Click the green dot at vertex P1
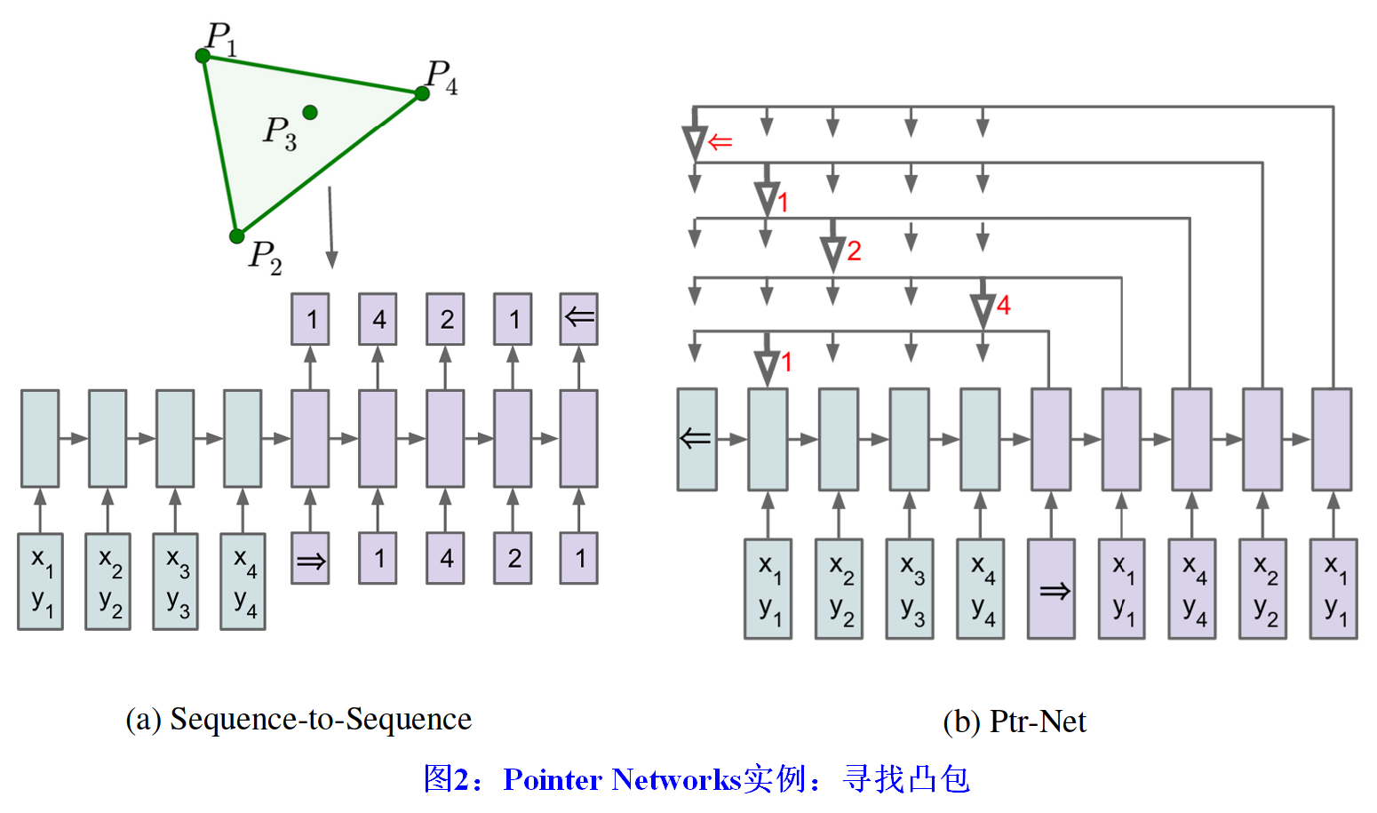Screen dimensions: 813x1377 [203, 56]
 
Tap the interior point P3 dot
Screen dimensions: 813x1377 [310, 112]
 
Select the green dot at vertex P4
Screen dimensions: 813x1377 [422, 93]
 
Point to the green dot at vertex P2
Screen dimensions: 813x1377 [236, 236]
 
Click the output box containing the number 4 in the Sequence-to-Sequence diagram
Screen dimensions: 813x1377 [378, 319]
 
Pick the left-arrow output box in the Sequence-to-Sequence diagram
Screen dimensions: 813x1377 [578, 319]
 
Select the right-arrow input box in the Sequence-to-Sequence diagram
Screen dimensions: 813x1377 [310, 559]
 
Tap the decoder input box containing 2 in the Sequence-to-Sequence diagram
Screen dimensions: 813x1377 [513, 559]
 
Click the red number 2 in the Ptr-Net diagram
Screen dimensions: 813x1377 [854, 251]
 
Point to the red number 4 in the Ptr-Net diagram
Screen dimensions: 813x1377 [1003, 306]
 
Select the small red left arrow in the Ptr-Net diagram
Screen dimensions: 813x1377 [720, 142]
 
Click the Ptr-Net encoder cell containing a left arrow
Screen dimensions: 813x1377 [696, 439]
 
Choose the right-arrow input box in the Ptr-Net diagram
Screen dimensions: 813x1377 [1051, 589]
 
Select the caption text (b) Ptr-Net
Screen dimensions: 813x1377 [1015, 721]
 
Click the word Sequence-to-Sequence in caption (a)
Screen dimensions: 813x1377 [321, 719]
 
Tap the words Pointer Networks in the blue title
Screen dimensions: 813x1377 [622, 779]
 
